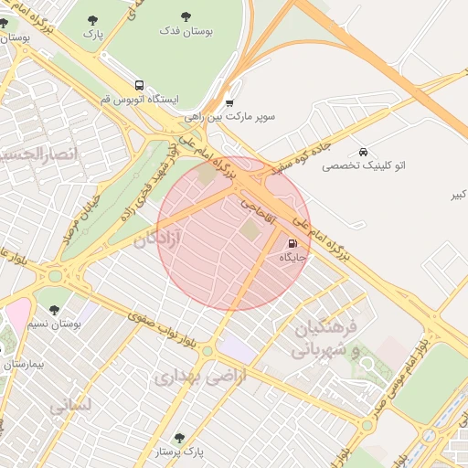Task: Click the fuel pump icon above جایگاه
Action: tap(292, 244)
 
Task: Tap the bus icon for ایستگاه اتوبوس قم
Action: tap(139, 83)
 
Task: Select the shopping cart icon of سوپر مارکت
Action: tap(229, 103)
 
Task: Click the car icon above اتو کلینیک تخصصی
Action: tap(364, 152)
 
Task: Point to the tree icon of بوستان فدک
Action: tap(186, 16)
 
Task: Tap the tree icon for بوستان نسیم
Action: tap(52, 308)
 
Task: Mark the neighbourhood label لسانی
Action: tap(69, 402)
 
